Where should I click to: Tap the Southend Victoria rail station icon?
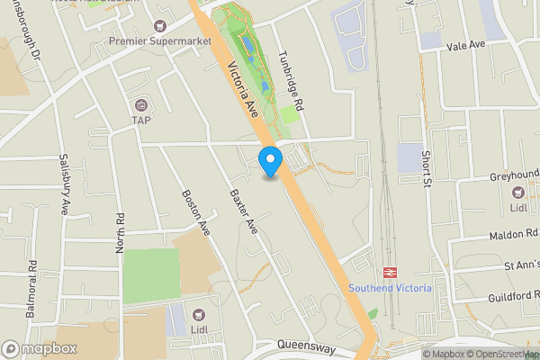tap(391, 271)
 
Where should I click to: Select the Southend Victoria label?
tap(391, 288)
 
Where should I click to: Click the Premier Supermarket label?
tap(160, 41)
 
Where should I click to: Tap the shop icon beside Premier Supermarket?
tap(161, 26)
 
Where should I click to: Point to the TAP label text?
tap(141, 120)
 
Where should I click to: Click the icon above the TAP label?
tap(141, 104)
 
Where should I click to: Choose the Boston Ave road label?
tap(195, 212)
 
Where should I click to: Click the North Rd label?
tap(119, 232)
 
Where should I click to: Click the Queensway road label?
tap(307, 346)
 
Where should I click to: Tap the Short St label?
tap(428, 165)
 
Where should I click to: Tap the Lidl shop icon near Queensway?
tap(198, 314)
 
